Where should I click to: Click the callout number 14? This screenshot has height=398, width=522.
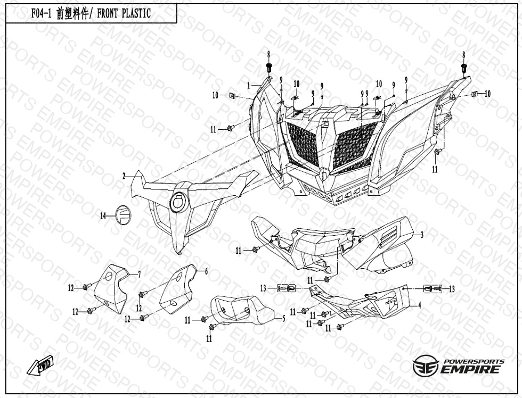(103, 216)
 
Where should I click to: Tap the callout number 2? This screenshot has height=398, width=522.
(124, 177)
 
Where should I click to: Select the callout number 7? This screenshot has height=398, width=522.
(140, 275)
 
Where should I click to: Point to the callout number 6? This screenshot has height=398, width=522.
(207, 272)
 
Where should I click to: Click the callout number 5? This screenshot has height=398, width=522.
(283, 319)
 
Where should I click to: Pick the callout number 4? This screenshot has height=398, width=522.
(420, 305)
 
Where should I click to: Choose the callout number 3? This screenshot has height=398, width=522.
(422, 235)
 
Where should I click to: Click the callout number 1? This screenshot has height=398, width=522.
(248, 86)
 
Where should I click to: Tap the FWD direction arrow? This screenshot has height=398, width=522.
(40, 366)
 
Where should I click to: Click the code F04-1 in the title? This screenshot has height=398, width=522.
(42, 14)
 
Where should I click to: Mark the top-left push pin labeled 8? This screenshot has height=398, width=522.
(269, 68)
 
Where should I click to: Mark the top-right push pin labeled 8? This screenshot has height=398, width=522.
(464, 69)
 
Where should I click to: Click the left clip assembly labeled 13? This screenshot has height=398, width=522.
(287, 288)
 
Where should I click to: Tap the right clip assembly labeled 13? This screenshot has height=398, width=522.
(433, 289)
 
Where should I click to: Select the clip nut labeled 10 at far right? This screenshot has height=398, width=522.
(475, 94)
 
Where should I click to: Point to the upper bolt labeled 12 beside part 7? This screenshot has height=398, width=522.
(86, 287)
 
